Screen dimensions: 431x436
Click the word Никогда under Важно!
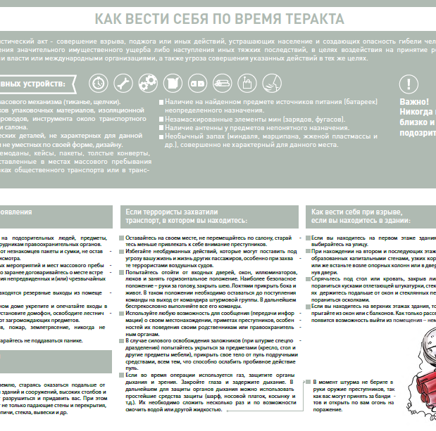pyautogui.click(x=418, y=111)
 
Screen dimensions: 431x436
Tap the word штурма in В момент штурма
pyautogui.click(x=359, y=382)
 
